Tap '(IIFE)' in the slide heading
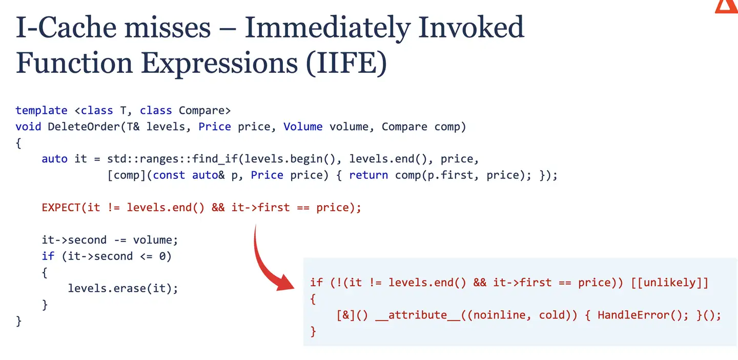pos(346,63)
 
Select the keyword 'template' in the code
pos(41,110)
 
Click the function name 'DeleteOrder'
pos(84,127)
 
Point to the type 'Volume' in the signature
pos(303,127)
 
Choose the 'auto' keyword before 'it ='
pos(54,159)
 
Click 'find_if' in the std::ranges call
pos(214,159)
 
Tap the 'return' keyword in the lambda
pos(368,175)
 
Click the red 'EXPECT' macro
pos(61,207)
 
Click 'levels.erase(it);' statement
pos(123,288)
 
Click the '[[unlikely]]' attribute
pos(669,283)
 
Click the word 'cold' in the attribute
pos(551,315)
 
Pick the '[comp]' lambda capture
pos(127,175)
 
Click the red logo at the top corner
pos(726,7)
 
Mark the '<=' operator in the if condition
pos(146,256)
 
